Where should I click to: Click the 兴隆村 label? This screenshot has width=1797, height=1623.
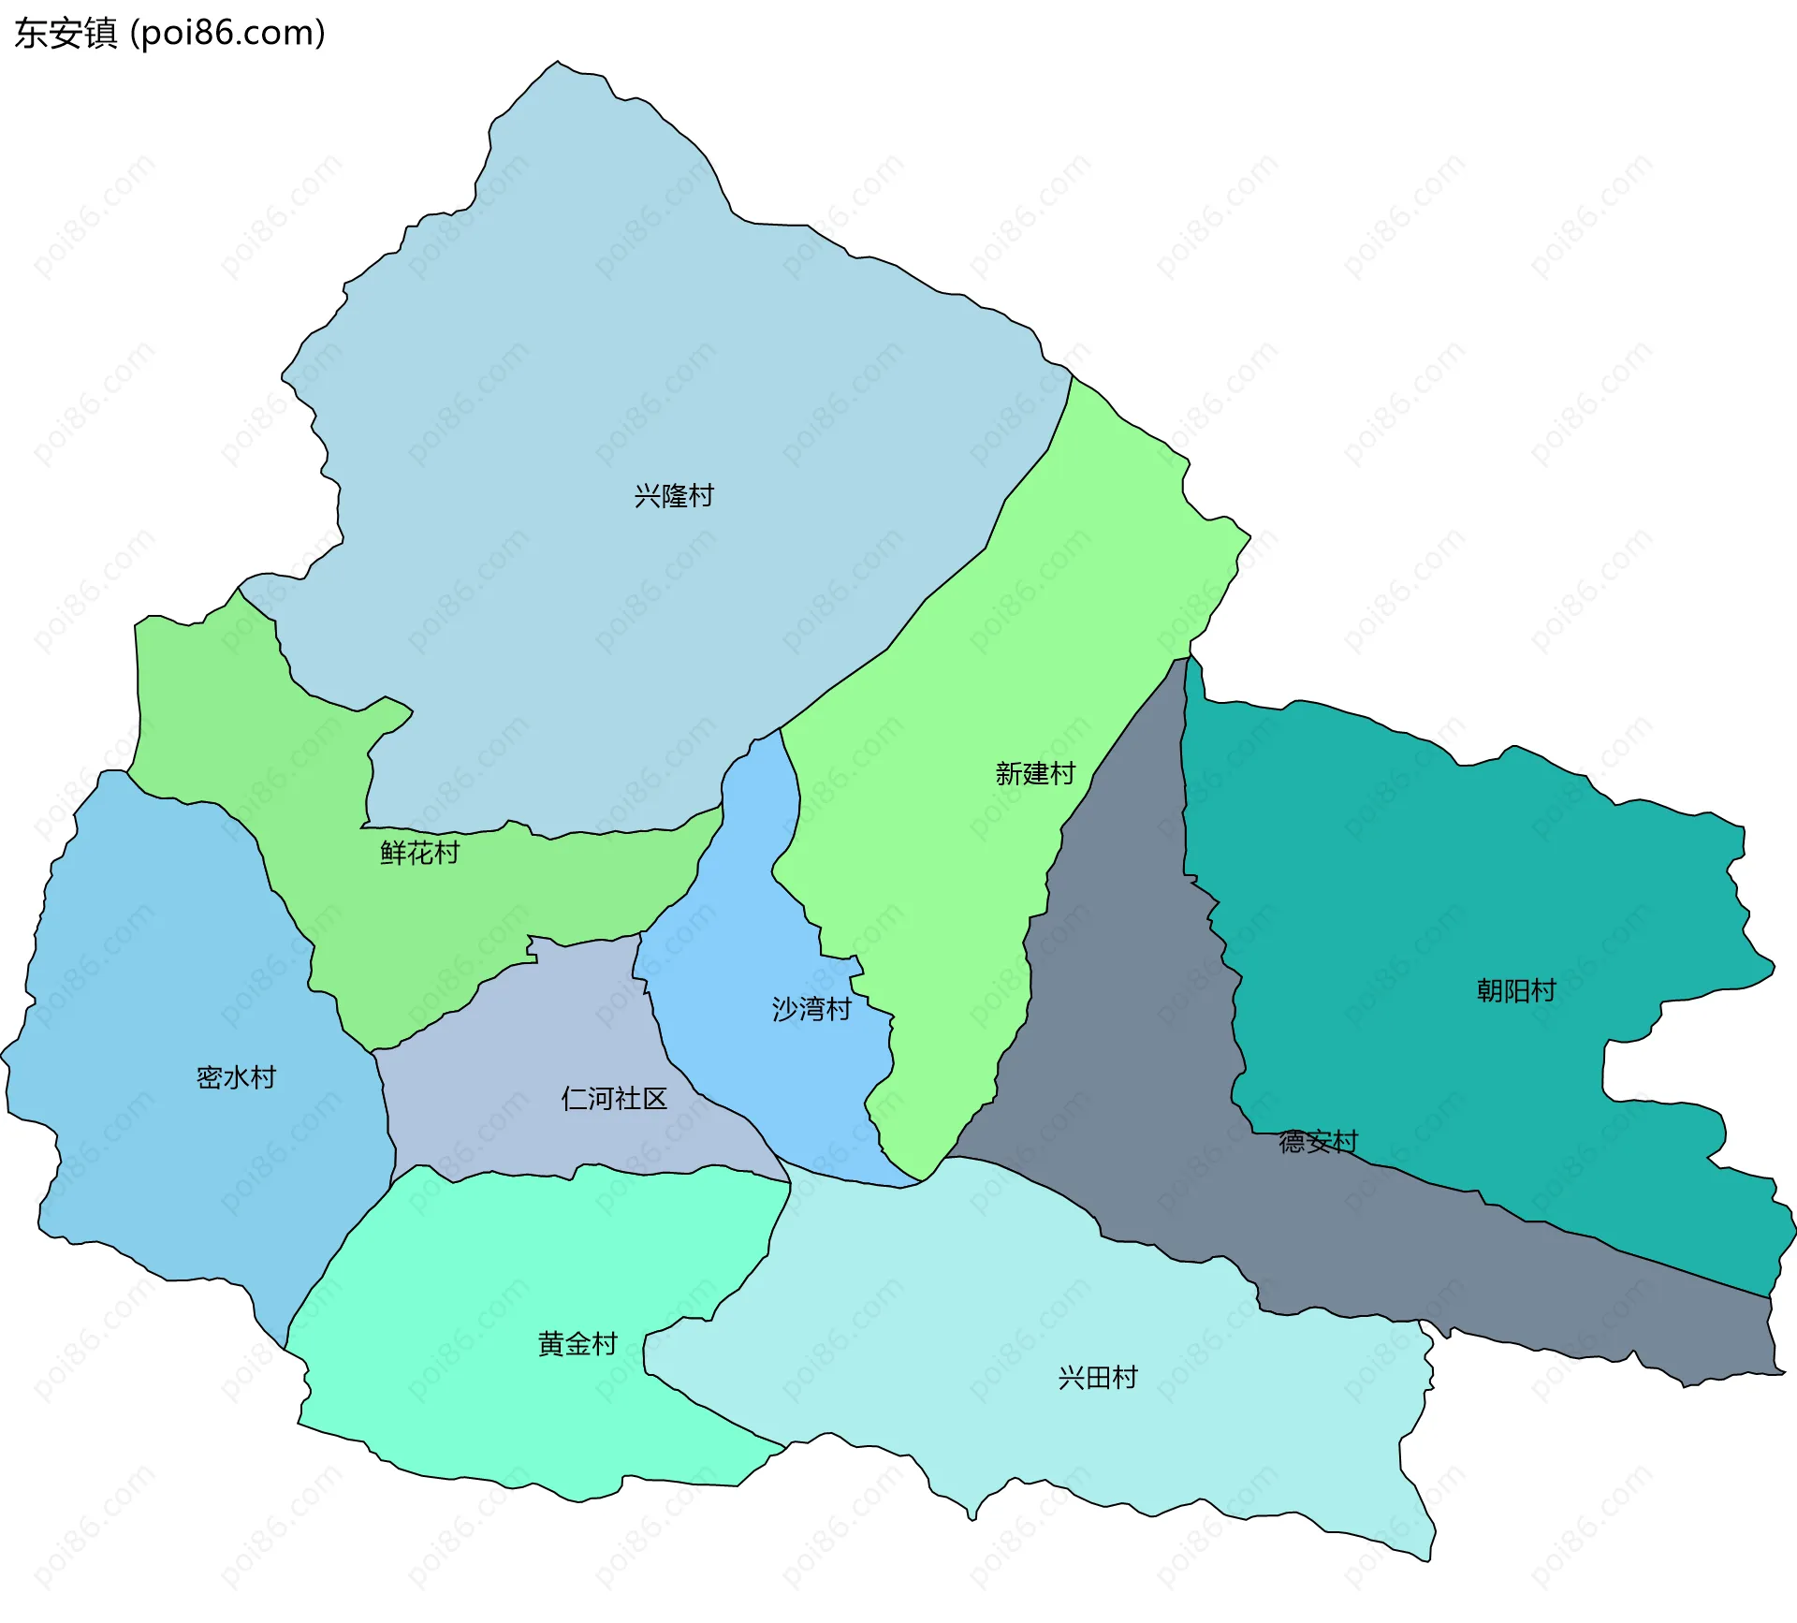[674, 495]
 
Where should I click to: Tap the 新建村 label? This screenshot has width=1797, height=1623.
[1035, 773]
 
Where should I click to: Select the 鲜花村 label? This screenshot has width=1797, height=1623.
[419, 853]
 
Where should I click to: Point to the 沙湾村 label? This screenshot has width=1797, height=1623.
[811, 1009]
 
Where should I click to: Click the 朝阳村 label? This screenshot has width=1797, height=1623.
[1516, 990]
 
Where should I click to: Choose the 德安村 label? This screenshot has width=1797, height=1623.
[1318, 1142]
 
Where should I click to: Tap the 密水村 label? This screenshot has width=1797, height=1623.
[236, 1077]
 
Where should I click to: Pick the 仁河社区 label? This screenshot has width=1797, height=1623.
[614, 1098]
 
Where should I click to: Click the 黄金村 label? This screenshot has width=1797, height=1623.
[577, 1344]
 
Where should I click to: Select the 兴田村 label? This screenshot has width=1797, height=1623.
[1098, 1378]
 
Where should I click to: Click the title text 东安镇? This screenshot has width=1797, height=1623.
[66, 34]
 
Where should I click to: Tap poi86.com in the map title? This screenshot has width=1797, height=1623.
[227, 34]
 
